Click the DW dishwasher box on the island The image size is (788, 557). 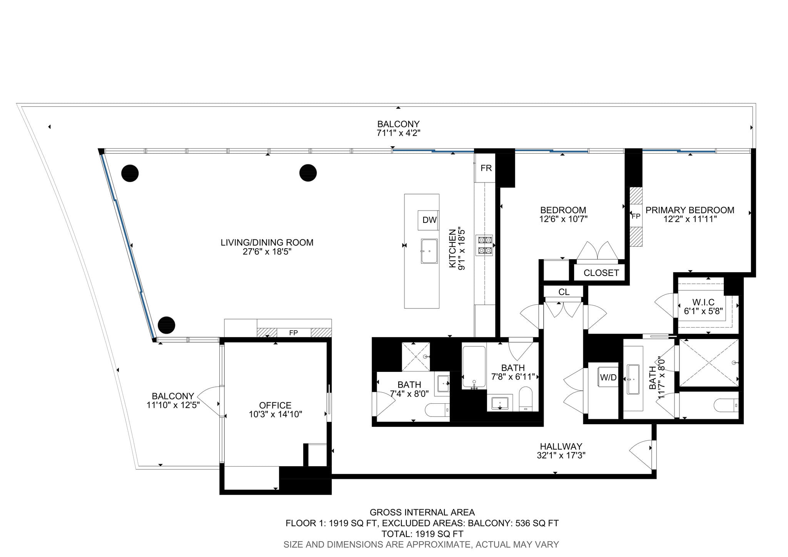429,220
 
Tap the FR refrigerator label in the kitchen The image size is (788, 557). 486,168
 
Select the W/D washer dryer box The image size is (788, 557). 608,378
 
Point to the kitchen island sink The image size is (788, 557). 429,251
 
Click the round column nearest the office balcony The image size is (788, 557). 166,325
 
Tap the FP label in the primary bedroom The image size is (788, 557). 636,216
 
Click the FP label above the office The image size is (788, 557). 293,333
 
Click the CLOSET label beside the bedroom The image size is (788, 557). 601,273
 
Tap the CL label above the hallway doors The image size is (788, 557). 564,292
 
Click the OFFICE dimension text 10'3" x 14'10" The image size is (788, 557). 275,415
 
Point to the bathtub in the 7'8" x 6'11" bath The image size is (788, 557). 474,367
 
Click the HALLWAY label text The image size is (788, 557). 561,447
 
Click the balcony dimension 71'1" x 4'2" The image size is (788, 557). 398,133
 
